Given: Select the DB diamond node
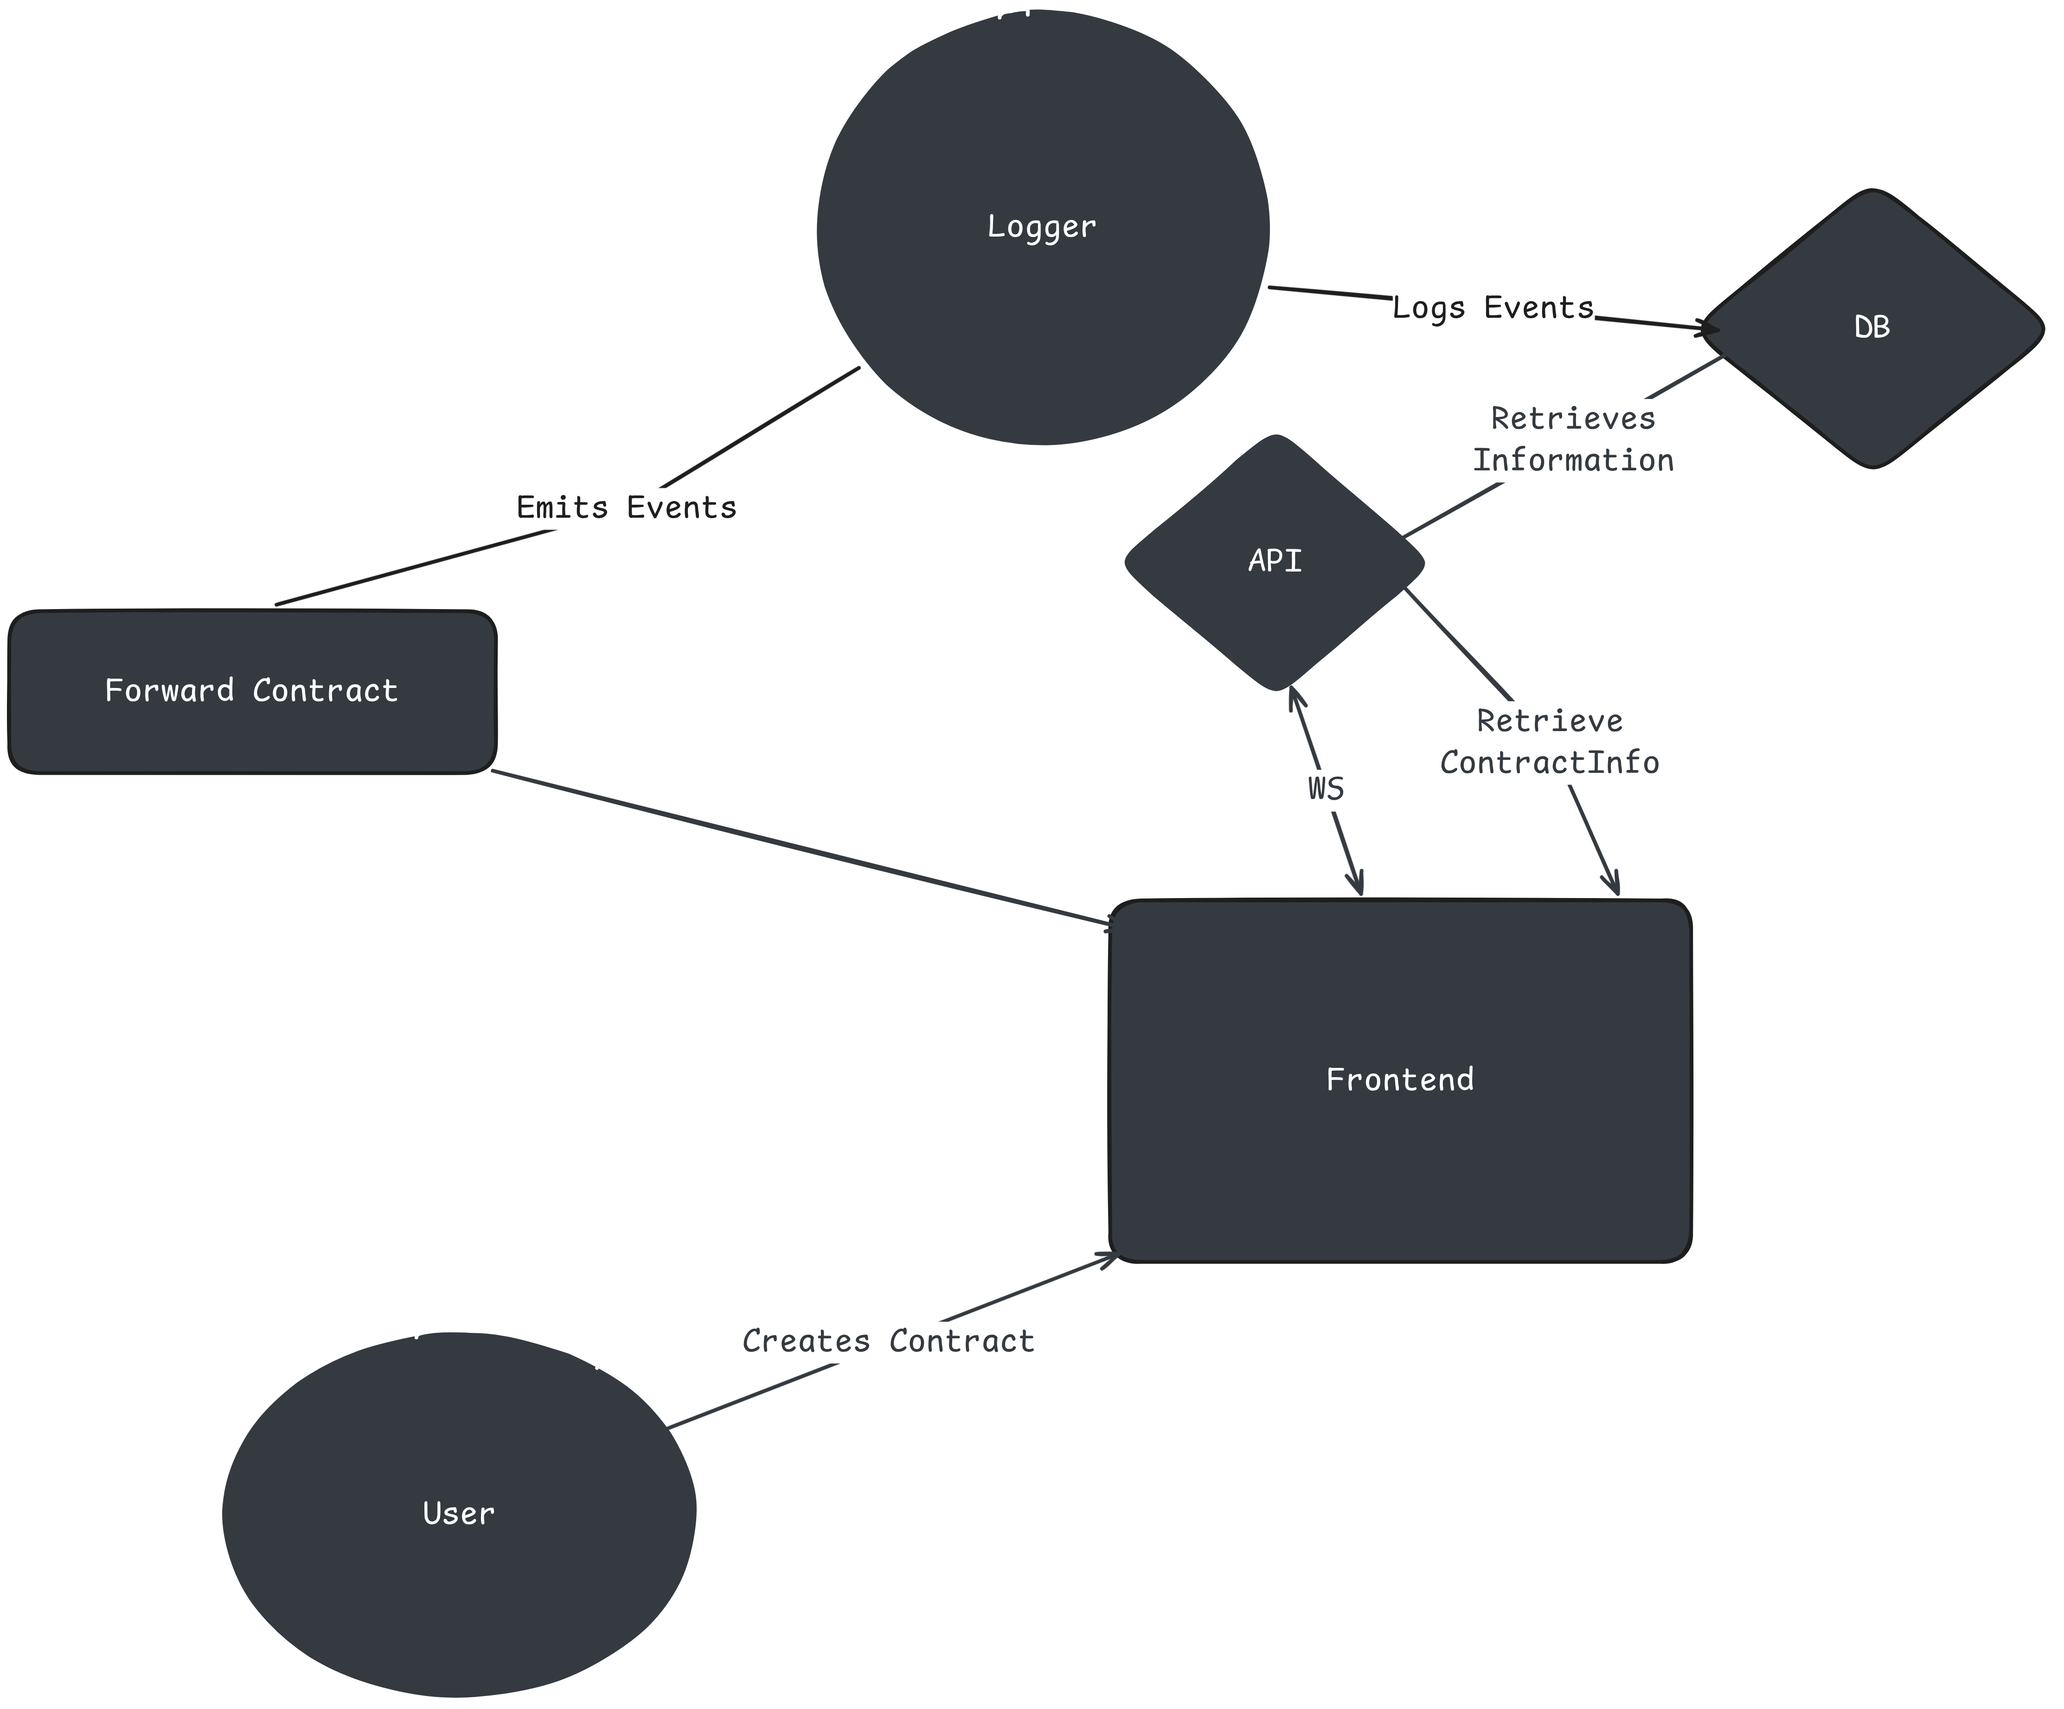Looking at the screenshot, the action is (x=1872, y=328).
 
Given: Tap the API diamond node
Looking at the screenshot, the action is (x=1275, y=562).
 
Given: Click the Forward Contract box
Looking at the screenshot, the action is (x=251, y=692).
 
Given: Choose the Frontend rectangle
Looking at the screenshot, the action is (x=1400, y=1080).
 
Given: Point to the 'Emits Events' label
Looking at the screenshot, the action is (x=626, y=507).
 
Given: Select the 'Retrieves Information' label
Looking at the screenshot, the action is (x=1572, y=439).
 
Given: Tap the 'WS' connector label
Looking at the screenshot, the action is (x=1326, y=788).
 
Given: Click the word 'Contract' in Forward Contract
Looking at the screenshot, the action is (x=325, y=691).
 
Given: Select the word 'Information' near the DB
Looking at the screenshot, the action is (x=1572, y=460).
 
